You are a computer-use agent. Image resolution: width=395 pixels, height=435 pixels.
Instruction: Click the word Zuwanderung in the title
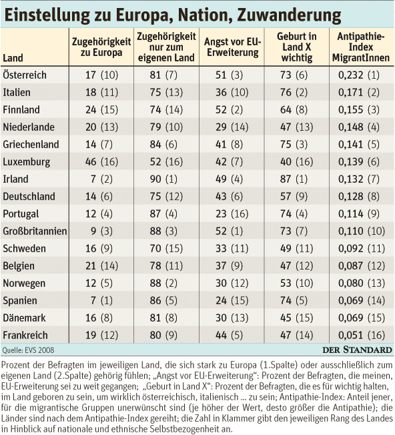point(289,15)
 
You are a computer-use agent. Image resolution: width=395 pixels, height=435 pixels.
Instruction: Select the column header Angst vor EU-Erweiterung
point(232,47)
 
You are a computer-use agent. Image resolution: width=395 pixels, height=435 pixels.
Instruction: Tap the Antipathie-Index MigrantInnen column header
point(361,47)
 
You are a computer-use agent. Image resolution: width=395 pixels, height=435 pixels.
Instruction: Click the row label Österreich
point(25,75)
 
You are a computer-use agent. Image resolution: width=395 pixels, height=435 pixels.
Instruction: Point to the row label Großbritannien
point(35,231)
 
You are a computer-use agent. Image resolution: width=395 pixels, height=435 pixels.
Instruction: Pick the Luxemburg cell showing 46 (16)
point(101,161)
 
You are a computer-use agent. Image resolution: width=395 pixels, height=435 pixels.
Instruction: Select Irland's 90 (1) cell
point(163,179)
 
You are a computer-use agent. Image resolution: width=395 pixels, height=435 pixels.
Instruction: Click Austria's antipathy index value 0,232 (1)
point(358,75)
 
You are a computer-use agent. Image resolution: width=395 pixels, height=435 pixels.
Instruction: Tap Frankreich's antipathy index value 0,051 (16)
point(362,335)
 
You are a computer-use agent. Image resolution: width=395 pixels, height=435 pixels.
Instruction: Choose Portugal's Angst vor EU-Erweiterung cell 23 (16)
point(232,213)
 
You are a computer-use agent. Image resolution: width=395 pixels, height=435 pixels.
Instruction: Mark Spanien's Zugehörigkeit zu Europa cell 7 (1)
point(101,300)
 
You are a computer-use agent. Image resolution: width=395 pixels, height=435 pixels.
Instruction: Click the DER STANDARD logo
point(357,350)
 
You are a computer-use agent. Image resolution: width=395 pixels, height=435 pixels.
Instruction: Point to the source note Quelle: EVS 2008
point(28,350)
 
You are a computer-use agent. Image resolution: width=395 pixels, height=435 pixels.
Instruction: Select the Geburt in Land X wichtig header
point(296,47)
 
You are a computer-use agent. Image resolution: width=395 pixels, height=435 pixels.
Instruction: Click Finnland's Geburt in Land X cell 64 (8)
point(294,109)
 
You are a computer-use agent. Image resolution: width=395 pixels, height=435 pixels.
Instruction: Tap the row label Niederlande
point(29,127)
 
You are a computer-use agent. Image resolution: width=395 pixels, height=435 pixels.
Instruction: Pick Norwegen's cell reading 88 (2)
point(163,283)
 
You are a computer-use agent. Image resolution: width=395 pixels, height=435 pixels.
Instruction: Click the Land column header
point(13,58)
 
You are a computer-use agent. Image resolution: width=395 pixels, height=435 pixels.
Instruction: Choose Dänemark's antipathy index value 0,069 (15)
point(362,318)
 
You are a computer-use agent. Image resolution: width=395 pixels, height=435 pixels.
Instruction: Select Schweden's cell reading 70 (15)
point(166,248)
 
